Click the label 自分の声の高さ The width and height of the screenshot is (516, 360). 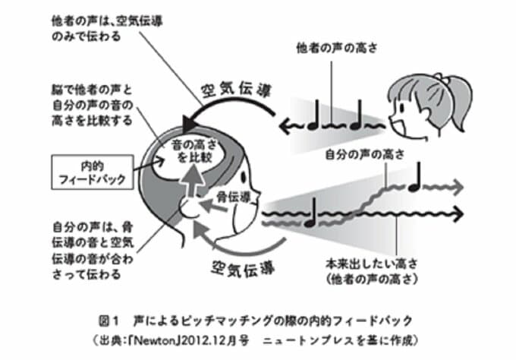363,156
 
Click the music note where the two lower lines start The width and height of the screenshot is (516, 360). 309,218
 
